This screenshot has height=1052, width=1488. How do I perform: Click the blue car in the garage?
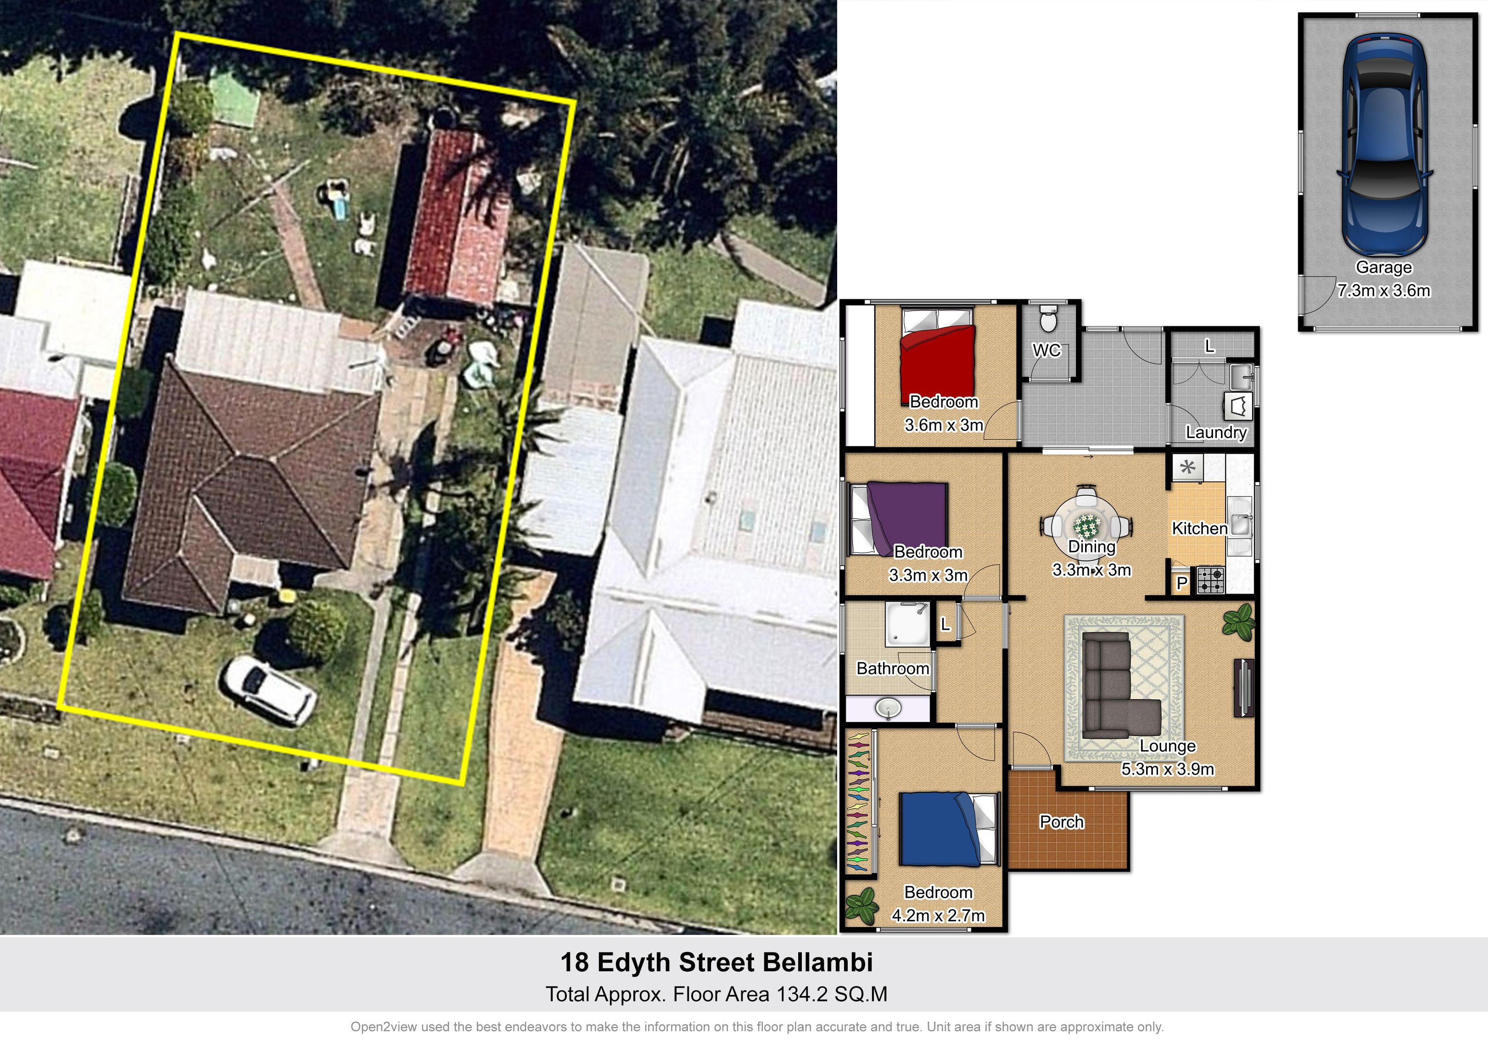[1384, 144]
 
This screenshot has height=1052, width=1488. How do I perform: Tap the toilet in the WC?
[1048, 317]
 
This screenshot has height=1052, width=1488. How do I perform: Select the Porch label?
[1062, 822]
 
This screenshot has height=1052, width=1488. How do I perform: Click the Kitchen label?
[1200, 528]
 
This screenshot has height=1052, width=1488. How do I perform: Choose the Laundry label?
[1216, 432]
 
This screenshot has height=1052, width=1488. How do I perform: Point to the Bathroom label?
[893, 668]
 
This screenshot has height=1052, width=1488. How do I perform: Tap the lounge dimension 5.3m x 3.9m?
[1168, 769]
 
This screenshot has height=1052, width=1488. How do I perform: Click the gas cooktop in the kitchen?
[1211, 580]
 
